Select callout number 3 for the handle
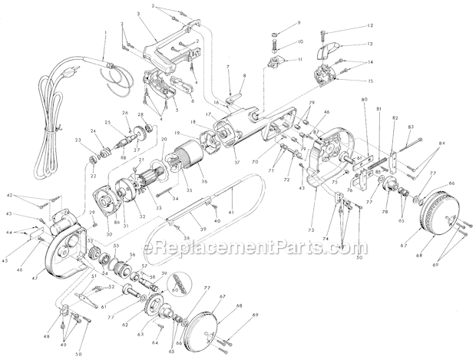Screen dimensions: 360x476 [137, 15]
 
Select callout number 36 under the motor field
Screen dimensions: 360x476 [203, 181]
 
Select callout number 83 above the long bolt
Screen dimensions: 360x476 [411, 126]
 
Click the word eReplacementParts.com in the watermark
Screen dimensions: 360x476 [237, 248]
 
